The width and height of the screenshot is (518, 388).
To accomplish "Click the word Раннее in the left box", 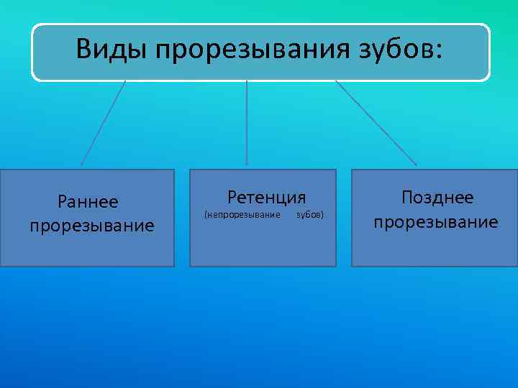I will tap(88, 205).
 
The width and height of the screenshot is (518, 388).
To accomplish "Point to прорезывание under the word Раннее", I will tap(92, 226).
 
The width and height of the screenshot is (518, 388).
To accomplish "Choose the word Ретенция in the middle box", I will tap(267, 197).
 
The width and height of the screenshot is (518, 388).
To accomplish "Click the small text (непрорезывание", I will tap(242, 215).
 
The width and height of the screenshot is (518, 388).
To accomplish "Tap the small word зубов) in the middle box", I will tap(310, 215).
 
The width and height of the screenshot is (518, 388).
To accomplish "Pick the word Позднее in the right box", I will tap(437, 198).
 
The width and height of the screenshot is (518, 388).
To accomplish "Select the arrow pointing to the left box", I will tap(104, 122).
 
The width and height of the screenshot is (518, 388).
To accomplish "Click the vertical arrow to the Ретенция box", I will tap(247, 122).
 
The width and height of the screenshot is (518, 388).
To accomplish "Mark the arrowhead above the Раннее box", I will tap(81, 164).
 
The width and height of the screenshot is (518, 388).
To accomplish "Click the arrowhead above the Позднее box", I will tap(414, 163).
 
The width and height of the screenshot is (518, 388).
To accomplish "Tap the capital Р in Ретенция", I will tap(232, 197).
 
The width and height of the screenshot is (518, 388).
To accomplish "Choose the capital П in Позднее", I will tap(408, 198).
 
